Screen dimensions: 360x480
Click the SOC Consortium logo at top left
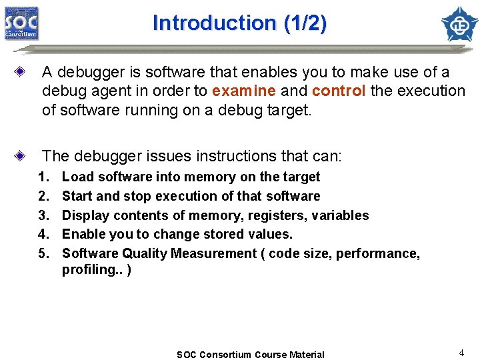22,23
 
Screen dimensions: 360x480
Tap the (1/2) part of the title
305,23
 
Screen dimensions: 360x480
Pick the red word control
338,91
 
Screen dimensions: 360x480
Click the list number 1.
44,177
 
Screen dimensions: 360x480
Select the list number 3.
44,215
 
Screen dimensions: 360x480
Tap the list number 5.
44,253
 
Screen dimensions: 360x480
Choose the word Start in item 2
77,196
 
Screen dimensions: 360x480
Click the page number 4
461,352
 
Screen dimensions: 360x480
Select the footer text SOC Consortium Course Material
250,355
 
